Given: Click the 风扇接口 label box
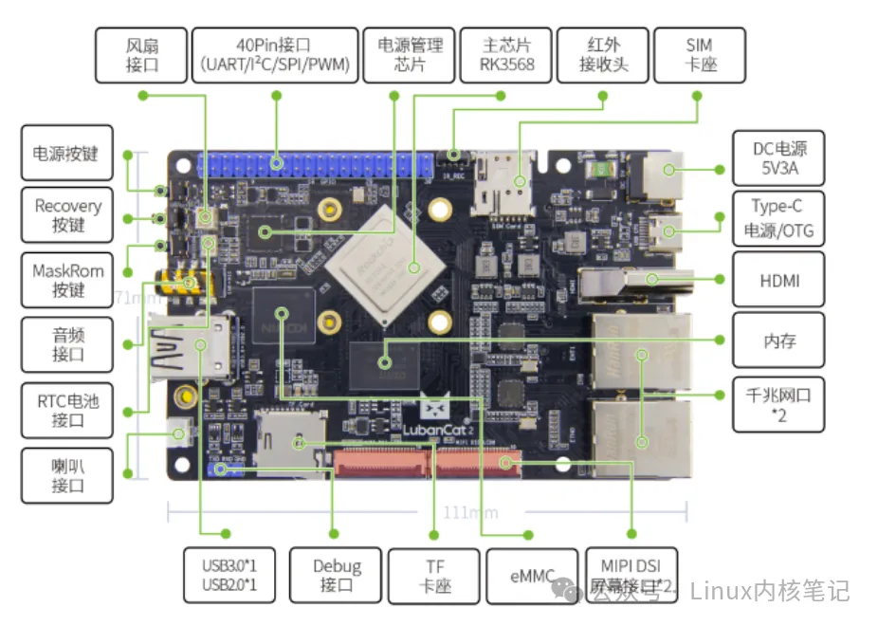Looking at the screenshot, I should coord(140,55).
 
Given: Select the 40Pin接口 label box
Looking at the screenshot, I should coord(276,55).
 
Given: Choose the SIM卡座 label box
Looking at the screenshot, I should coord(699,55).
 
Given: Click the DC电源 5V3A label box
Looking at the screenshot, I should coord(777,158).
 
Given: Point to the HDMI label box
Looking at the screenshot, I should coord(777,280).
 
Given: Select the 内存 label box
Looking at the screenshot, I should coord(777,341).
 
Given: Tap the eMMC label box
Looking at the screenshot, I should coord(531,576).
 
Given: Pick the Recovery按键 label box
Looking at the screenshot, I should coord(67,215).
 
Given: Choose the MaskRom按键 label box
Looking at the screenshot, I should coord(67,280).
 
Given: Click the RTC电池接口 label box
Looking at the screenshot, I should coord(67,410).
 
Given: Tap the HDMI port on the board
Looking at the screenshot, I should coord(616,281).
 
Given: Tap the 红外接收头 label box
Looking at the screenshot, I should coord(603,55).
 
